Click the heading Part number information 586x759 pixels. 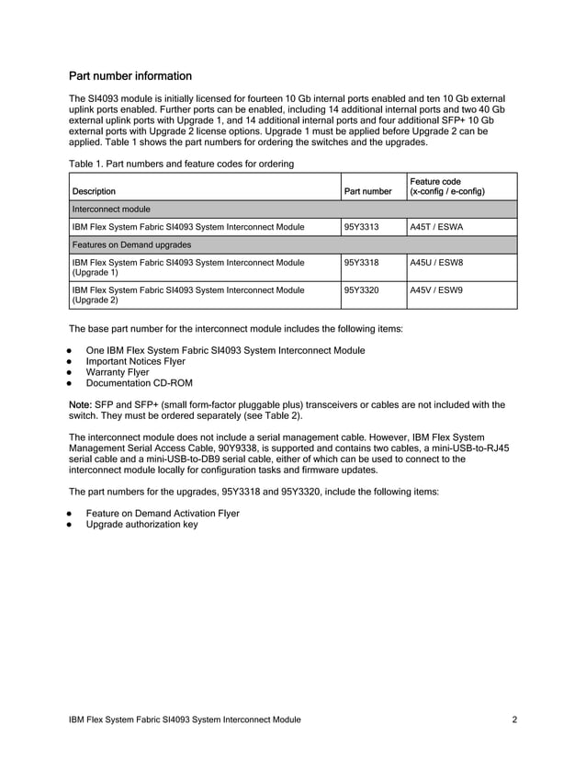click(x=130, y=75)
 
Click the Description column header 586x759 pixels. click(x=94, y=192)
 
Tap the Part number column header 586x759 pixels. click(x=367, y=192)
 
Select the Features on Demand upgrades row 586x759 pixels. click(x=131, y=244)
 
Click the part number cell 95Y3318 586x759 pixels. click(x=361, y=262)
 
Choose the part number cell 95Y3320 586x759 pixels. click(x=361, y=289)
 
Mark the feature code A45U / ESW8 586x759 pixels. click(x=436, y=262)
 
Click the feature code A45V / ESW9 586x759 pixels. click(x=436, y=289)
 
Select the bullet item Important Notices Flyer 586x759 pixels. click(x=135, y=362)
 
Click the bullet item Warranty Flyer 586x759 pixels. click(x=117, y=373)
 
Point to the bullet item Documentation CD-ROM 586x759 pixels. click(x=139, y=384)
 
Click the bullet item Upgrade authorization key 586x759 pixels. click(x=141, y=525)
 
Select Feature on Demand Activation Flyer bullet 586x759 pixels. click(x=162, y=514)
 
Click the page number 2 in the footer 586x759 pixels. click(x=514, y=719)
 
